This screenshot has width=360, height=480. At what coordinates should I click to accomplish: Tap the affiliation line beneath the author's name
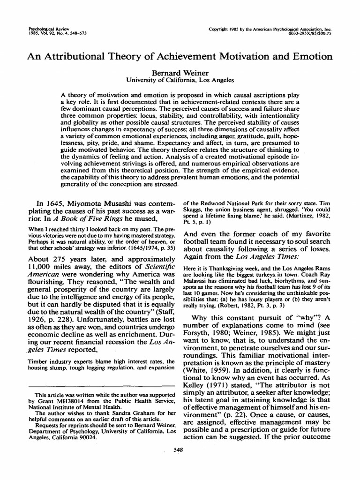coord(180,80)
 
